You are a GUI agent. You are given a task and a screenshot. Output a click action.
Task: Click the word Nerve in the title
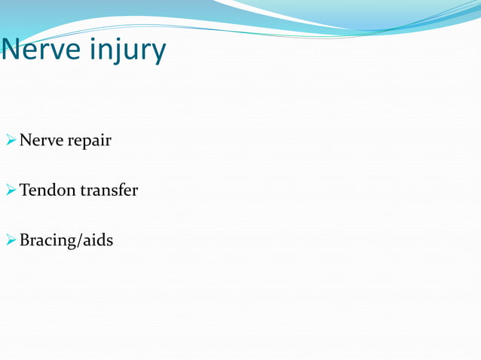point(41,50)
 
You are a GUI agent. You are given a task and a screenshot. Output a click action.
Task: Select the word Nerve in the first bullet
point(41,140)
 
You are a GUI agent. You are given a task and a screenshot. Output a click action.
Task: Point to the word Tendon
point(47,191)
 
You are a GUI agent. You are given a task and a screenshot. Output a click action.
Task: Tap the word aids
point(98,240)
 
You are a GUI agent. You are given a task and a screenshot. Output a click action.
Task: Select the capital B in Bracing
point(25,241)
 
